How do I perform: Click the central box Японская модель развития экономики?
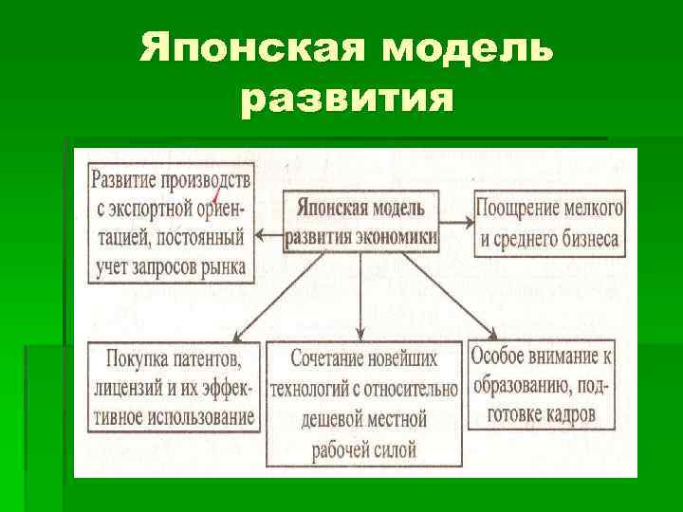pyautogui.click(x=360, y=220)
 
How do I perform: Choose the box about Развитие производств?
pyautogui.click(x=172, y=221)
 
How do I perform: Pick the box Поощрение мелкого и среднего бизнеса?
pyautogui.click(x=549, y=223)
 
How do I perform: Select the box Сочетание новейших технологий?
pyautogui.click(x=363, y=402)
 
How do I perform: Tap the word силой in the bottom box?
pyautogui.click(x=391, y=449)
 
